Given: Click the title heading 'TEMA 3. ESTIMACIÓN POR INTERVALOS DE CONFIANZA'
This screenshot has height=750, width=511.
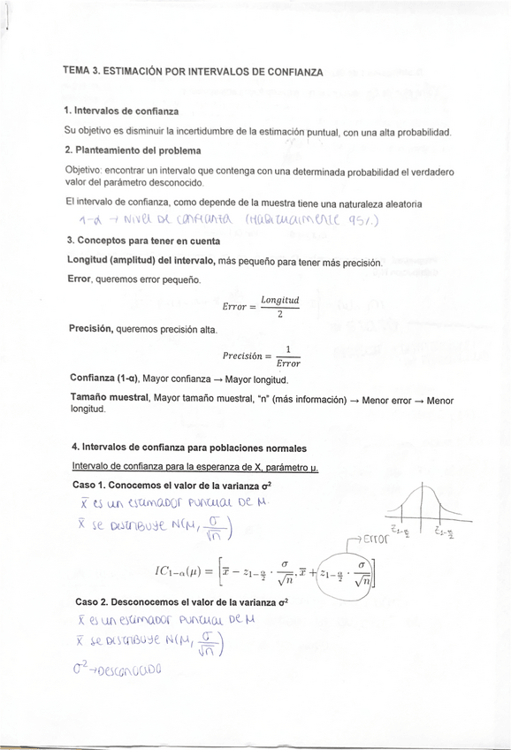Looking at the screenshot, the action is [x=193, y=71].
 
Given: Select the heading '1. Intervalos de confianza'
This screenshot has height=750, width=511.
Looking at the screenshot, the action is [x=121, y=111].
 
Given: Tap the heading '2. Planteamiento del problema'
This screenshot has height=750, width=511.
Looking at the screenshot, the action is [x=133, y=150].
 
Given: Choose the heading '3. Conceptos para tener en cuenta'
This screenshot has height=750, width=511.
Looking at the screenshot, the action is [x=145, y=240].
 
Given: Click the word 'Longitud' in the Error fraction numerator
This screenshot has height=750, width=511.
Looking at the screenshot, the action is [x=279, y=300].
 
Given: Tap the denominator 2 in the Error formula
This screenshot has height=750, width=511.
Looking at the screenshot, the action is [x=279, y=314].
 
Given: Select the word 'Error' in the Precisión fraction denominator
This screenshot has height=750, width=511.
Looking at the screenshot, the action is [x=288, y=363].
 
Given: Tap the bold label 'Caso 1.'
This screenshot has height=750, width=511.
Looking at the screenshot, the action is [x=91, y=486].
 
